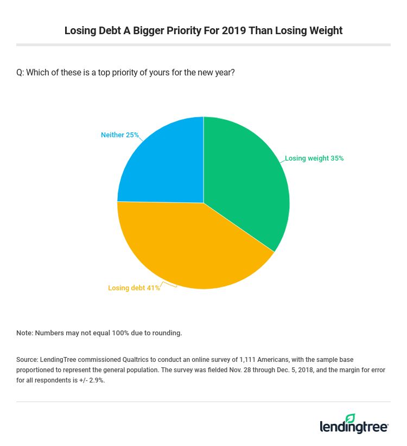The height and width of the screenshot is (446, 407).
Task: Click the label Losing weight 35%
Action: tap(314, 158)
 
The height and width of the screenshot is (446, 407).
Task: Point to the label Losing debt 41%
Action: tap(134, 288)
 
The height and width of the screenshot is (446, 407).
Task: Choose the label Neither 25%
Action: tap(120, 135)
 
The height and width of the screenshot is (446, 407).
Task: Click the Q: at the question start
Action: tap(20, 73)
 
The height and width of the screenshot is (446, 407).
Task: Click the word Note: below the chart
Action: tap(24, 333)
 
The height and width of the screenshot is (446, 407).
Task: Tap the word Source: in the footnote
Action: tap(27, 360)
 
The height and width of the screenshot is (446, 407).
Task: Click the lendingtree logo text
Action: tap(354, 428)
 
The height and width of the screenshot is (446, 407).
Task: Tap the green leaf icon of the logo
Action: tap(351, 418)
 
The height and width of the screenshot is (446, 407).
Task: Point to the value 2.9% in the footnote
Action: tap(97, 380)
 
